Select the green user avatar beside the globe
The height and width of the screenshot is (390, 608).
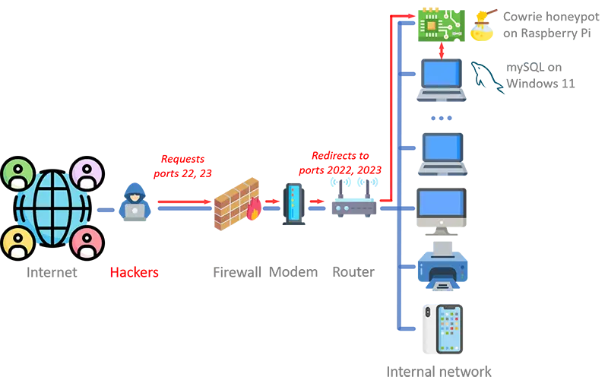18,174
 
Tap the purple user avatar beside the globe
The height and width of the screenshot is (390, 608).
87,173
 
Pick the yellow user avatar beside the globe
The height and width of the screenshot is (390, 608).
17,242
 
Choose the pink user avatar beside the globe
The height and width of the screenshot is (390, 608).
87,242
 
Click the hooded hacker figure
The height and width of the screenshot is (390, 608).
135,202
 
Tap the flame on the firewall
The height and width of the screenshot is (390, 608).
255,211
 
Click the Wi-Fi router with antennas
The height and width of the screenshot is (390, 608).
353,199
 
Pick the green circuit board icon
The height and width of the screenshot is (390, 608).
437,23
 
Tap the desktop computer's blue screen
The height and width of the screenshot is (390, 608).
441,204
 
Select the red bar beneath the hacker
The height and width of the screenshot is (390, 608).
160,271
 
